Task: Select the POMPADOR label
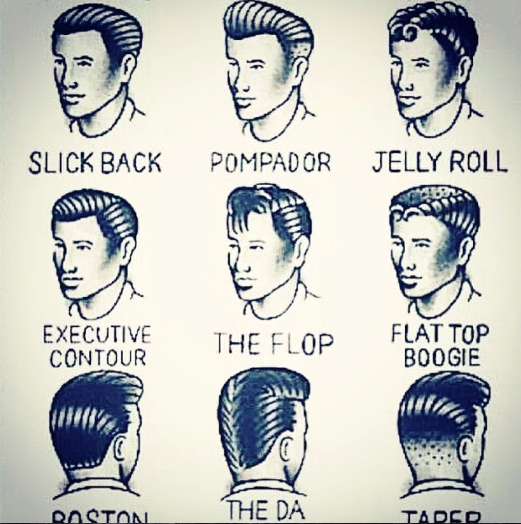pos(271,163)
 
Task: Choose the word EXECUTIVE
pos(97,335)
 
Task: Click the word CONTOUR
pos(98,358)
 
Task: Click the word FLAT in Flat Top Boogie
pos(412,334)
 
